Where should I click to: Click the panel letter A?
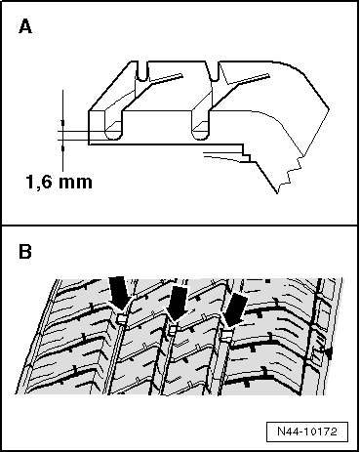point(26,28)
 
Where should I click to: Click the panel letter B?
point(26,252)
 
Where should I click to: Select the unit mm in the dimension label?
point(80,182)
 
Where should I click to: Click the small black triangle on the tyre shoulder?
point(328,349)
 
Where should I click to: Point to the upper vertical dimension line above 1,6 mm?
point(63,108)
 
